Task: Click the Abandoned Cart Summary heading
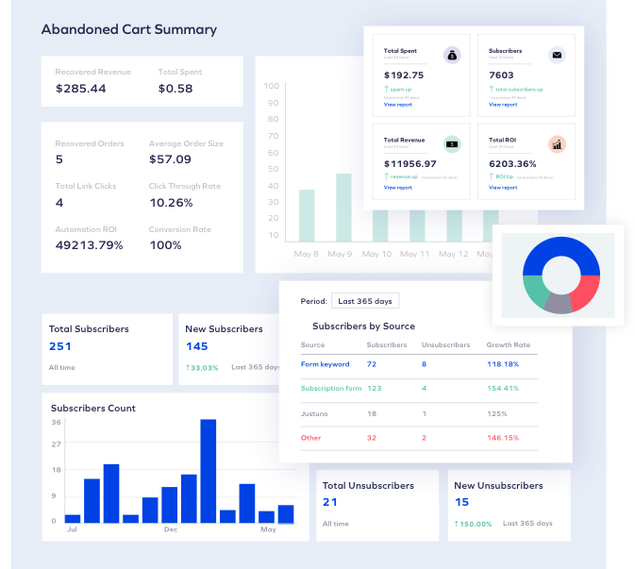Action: coord(129,29)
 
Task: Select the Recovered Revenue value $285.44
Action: coord(80,89)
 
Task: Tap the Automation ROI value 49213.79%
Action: coord(90,245)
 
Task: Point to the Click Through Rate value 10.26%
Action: coord(171,203)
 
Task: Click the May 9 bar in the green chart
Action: coord(343,208)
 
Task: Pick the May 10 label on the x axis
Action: coord(376,255)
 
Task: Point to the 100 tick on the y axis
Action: coord(272,86)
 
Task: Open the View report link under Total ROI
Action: coord(503,188)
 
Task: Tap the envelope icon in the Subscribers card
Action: coord(558,56)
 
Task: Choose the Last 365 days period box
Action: coord(365,301)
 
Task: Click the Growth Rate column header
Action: coord(508,345)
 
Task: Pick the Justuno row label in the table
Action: coord(316,413)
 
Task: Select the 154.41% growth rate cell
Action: coord(503,389)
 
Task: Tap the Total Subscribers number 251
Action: coord(60,346)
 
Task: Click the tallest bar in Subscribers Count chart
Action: coord(209,470)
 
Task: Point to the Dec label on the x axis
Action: coord(171,530)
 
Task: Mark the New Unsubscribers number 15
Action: coord(462,502)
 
